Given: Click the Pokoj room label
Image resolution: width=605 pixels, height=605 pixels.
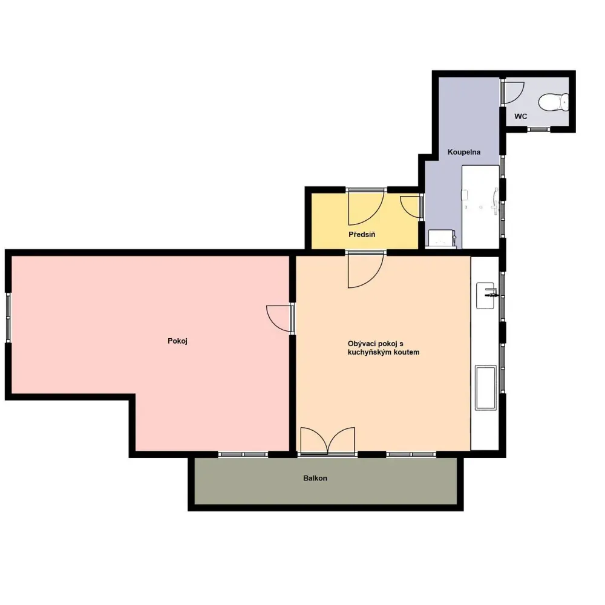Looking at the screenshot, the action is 177,341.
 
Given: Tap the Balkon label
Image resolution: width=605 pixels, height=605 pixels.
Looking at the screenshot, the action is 315,478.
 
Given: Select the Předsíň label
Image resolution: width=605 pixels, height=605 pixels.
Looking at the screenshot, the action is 362,234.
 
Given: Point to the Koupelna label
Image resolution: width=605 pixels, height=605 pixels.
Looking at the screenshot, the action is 464,152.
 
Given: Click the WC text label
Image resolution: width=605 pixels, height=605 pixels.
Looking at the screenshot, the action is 520,116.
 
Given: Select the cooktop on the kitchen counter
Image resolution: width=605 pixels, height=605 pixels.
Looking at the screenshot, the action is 486,387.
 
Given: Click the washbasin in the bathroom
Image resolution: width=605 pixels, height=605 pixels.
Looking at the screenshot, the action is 442,238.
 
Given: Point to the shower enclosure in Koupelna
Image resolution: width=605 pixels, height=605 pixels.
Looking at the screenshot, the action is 480,207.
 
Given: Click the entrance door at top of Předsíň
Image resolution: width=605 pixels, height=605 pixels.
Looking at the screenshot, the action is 366,207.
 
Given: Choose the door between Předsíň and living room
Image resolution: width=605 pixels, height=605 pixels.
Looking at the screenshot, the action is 366,270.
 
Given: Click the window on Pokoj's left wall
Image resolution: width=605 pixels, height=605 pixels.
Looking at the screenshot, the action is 8,318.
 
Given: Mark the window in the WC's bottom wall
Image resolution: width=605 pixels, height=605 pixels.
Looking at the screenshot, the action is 538,129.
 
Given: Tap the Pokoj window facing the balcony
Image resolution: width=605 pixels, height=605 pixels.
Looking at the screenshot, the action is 243,454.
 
